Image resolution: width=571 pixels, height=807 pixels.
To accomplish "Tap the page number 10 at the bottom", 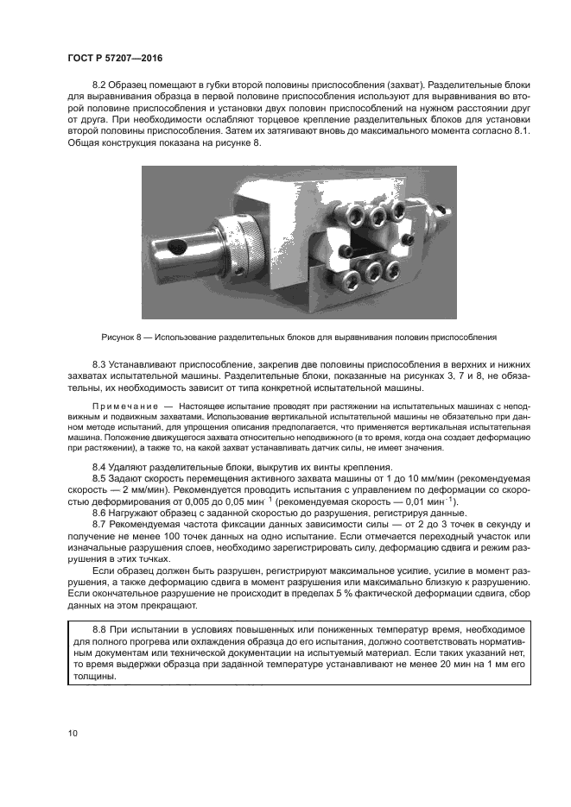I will pyautogui.click(x=72, y=734).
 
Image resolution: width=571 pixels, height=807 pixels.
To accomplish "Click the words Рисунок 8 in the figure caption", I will pyautogui.click(x=122, y=336).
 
